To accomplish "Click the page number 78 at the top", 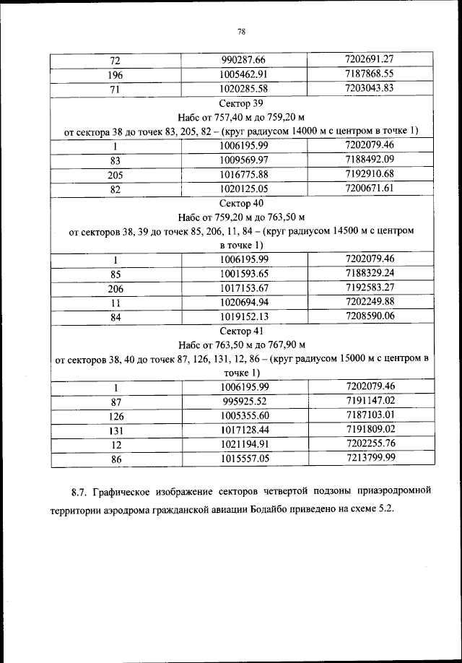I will [242, 31].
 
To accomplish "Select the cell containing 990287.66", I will [243, 59].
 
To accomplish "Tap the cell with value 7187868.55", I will [370, 74].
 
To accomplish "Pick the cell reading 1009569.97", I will [243, 160].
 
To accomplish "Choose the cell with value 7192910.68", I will [370, 174].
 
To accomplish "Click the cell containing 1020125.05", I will [243, 188].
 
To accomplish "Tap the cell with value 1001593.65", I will [243, 274].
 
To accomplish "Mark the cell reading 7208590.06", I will [370, 316].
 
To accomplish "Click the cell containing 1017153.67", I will [243, 287].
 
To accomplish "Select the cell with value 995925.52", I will [243, 401].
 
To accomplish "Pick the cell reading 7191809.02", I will [370, 429].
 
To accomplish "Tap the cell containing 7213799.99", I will [370, 457].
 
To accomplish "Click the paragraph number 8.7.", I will [79, 493].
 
